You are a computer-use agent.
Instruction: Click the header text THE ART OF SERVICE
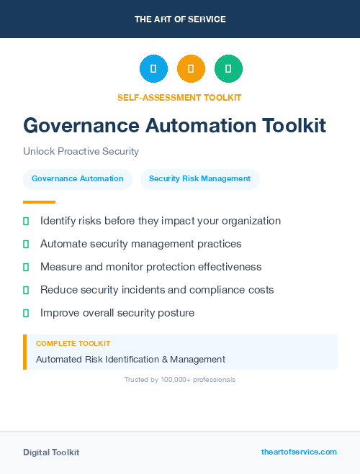180,19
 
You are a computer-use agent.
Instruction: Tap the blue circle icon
153,69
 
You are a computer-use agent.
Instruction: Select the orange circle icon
191,69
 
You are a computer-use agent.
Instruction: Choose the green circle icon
228,69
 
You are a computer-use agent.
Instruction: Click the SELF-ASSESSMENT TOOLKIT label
179,97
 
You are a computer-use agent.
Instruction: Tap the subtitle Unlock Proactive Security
81,152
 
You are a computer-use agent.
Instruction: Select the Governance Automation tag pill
78,179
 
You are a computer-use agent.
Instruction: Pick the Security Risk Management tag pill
199,179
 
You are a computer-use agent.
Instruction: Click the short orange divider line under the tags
39,202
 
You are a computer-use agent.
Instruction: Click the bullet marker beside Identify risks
26,222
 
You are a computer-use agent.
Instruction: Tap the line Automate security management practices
140,244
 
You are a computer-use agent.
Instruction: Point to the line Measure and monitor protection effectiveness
150,267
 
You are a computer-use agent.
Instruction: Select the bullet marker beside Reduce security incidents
26,290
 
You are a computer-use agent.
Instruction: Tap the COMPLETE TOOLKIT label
73,344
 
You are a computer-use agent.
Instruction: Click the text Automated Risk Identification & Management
130,359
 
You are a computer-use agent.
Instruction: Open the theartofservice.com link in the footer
299,452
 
